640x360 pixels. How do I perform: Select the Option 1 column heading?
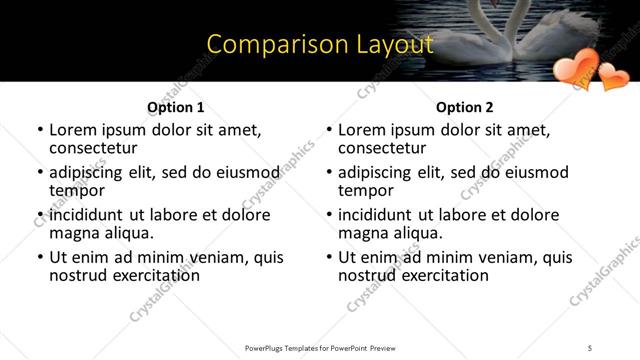[175, 107]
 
